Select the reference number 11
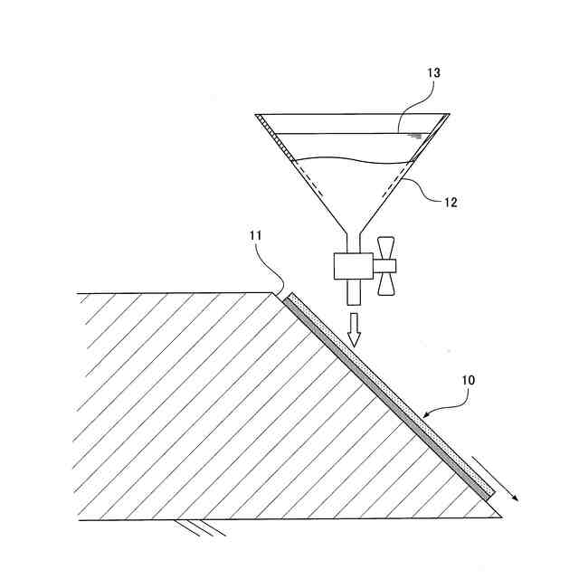point(255,236)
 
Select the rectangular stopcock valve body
point(352,266)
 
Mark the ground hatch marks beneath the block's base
point(201,526)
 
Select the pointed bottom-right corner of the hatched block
point(499,517)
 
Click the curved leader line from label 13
point(417,113)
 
